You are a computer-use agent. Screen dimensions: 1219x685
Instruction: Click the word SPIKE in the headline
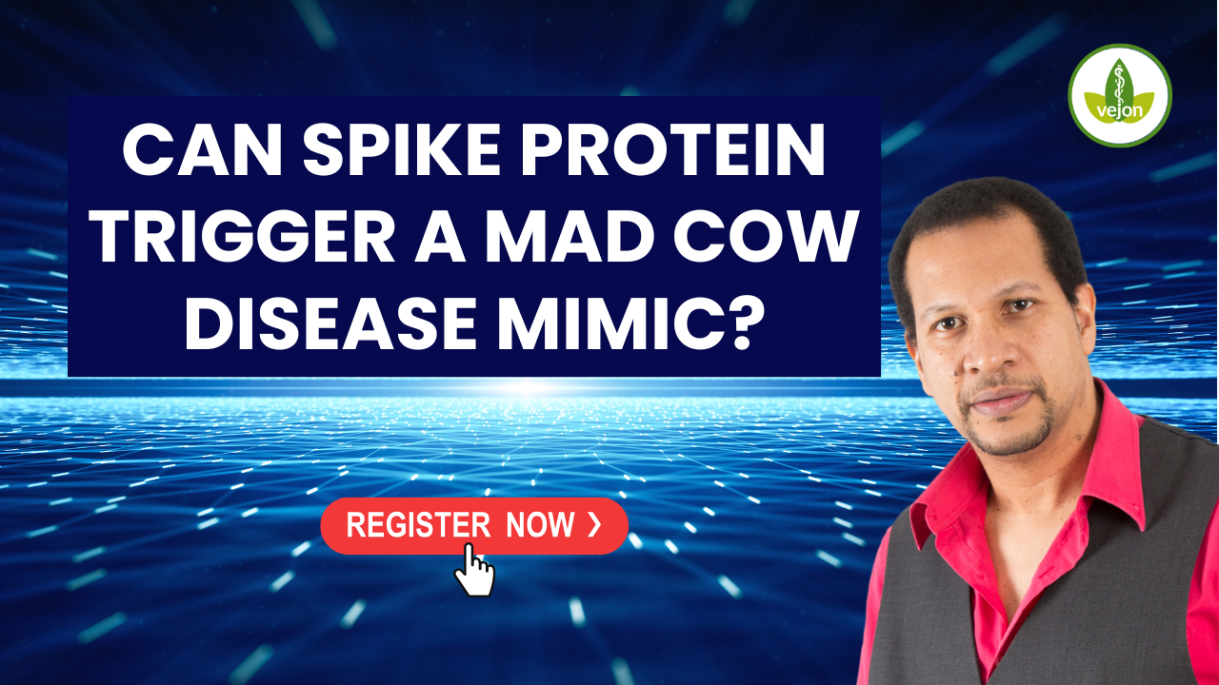coord(401,149)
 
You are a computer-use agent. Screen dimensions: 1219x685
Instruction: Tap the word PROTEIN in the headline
coord(673,149)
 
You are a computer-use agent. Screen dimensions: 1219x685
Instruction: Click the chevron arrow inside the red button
coord(594,524)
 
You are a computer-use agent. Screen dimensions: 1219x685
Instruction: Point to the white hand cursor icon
coord(474,570)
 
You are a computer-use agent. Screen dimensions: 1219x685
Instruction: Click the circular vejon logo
coord(1119,96)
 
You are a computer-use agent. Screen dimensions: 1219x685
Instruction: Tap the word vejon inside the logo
coord(1119,110)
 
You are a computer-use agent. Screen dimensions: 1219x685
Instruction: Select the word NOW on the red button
coord(540,524)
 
